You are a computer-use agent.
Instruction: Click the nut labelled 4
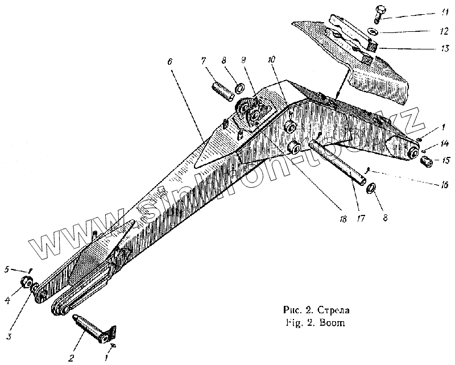(26, 281)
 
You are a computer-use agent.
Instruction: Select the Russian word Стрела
(334, 311)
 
